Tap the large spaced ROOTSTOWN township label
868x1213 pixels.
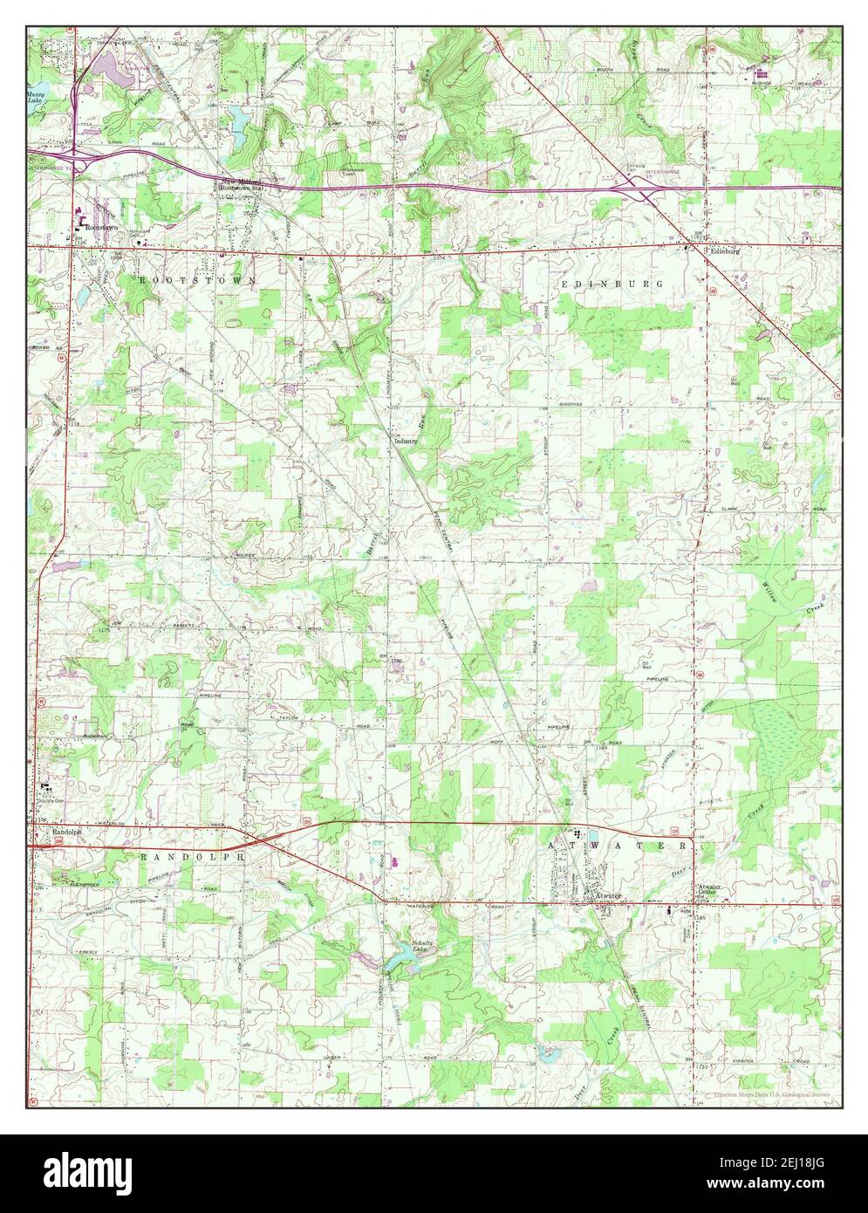(197, 280)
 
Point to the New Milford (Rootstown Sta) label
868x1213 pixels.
(243, 183)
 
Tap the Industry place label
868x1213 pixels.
(406, 442)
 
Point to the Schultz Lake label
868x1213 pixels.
(424, 947)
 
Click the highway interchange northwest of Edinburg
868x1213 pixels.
(639, 186)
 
